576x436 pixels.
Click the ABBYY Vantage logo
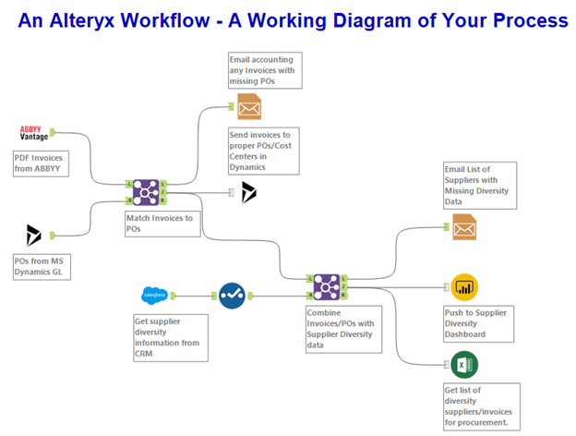pos(33,133)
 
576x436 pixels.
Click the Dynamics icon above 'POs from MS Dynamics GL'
pos(34,235)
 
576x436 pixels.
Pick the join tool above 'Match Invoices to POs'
pos(145,191)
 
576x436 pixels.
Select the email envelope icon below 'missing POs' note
pos(249,107)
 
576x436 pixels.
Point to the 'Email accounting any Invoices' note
pos(264,71)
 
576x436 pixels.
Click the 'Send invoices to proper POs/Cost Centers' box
pos(263,151)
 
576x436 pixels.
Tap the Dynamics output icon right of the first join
pos(248,192)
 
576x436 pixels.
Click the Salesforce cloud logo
pos(152,296)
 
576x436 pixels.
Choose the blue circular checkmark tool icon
pos(233,296)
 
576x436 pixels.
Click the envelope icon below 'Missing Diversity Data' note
pos(464,226)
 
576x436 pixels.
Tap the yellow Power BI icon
pos(464,286)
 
